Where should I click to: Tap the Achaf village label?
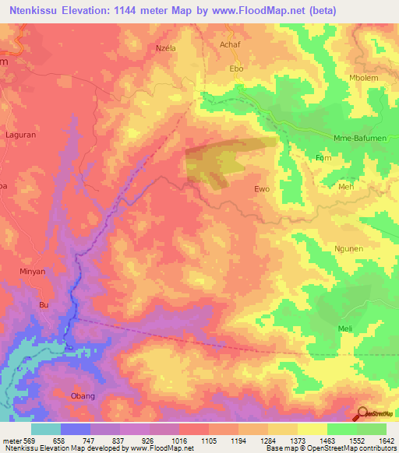tap(231, 46)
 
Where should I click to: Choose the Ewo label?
tap(262, 189)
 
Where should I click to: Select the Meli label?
tap(345, 328)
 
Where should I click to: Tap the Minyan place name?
tap(33, 272)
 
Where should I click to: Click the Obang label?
tap(83, 396)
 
